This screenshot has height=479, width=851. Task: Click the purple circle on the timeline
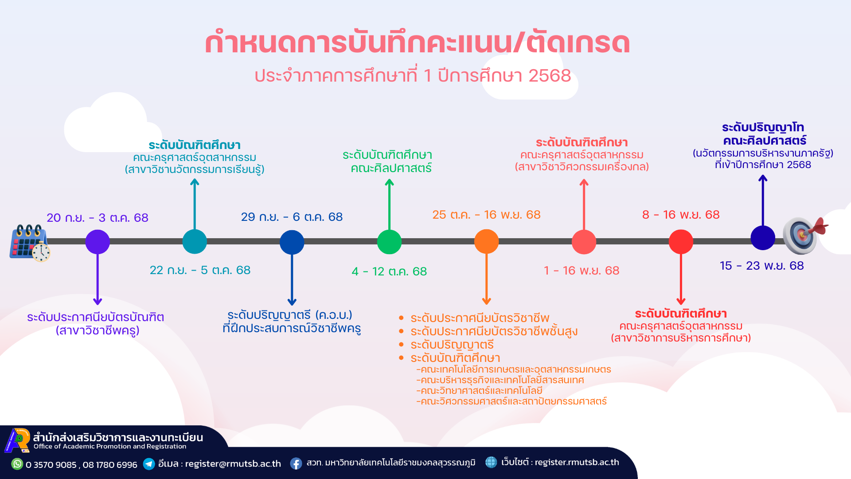[98, 242]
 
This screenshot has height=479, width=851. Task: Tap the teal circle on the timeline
[195, 242]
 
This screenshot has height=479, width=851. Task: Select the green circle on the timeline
[389, 242]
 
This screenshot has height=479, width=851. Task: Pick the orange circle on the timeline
[486, 242]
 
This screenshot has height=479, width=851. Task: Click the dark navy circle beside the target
[763, 238]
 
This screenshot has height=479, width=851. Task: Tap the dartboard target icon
[804, 235]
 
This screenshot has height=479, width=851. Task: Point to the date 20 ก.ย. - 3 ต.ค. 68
[98, 218]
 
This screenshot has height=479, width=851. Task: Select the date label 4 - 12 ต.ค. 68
[389, 271]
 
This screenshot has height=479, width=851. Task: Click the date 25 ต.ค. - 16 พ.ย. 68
[486, 215]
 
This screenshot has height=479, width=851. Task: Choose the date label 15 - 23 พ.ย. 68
[761, 266]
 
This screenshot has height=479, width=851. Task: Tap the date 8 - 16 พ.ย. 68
[681, 215]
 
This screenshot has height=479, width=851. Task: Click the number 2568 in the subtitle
[550, 76]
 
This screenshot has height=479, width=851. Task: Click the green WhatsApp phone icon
[17, 464]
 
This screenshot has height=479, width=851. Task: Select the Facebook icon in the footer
[296, 463]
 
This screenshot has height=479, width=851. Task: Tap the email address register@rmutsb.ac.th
[233, 464]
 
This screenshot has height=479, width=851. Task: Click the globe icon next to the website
[491, 462]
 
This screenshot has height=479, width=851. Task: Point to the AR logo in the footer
[17, 440]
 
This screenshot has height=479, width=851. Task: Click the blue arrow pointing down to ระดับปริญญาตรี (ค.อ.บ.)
[292, 279]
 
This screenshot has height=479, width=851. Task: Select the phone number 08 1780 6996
[110, 465]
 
